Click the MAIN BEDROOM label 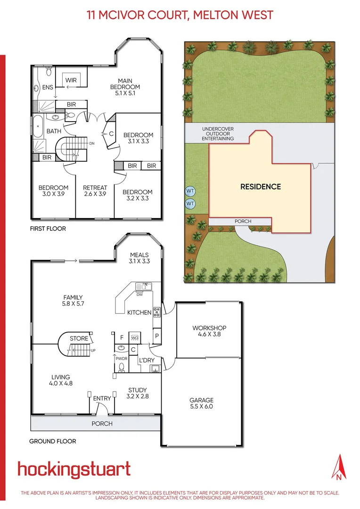125,87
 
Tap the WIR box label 71,80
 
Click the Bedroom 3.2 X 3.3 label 137,196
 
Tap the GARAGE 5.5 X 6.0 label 201,403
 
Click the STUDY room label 138,393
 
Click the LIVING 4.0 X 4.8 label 61,380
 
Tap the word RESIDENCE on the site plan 261,187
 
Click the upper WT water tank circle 190,191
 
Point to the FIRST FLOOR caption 48,229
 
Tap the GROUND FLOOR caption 52,442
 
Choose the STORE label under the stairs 79,338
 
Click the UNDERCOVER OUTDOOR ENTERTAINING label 217,134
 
